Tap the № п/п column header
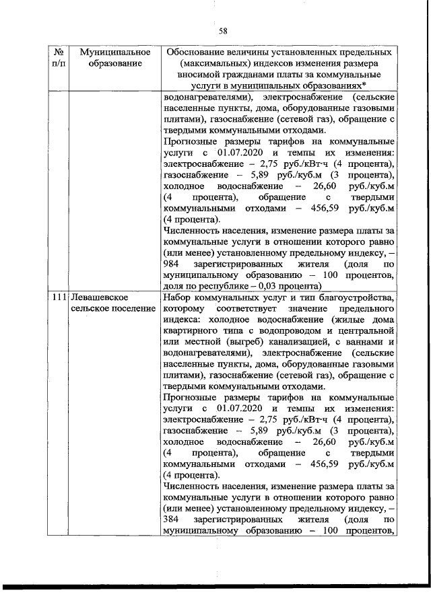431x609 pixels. (x=59, y=57)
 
